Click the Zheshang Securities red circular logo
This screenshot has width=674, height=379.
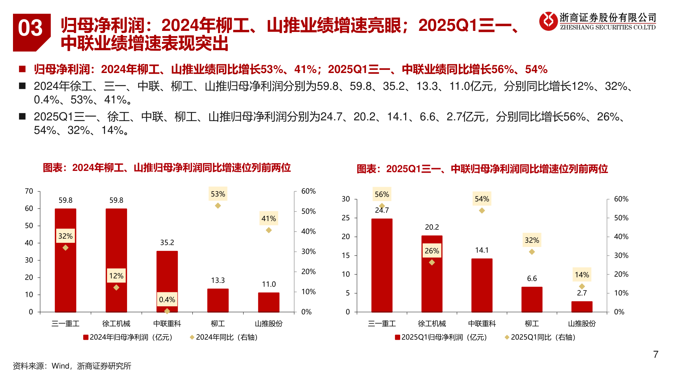[548, 21]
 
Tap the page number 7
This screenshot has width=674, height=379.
[655, 354]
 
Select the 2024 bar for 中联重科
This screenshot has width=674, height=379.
[167, 281]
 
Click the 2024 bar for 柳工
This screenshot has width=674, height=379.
[218, 300]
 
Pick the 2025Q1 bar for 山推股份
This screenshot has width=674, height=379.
[582, 307]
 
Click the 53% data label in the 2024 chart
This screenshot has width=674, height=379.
[218, 194]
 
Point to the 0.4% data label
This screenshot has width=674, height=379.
[167, 299]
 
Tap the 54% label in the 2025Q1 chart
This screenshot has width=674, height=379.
[482, 199]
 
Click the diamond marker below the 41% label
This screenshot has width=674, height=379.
[269, 230]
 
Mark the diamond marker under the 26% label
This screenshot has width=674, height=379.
[432, 262]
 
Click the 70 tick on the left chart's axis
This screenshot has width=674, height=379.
[29, 191]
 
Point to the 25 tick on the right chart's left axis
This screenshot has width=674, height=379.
[346, 218]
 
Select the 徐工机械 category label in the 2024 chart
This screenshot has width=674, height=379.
[116, 324]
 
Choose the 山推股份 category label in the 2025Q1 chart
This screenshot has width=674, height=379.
[582, 324]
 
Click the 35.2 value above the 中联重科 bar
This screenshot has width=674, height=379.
[167, 242]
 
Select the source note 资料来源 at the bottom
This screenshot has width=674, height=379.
[72, 366]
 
